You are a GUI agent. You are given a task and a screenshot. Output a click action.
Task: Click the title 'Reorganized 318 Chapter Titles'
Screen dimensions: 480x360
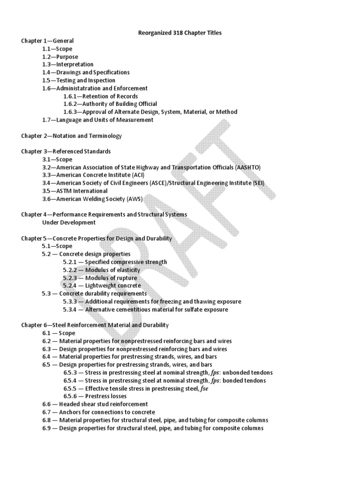180,33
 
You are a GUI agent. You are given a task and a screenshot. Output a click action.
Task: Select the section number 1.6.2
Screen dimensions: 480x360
70,104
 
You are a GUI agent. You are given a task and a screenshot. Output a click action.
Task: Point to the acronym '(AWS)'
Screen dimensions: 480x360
135,199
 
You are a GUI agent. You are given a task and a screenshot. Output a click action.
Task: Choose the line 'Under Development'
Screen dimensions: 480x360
69,223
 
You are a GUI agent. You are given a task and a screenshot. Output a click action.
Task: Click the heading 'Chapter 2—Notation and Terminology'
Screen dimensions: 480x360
71,136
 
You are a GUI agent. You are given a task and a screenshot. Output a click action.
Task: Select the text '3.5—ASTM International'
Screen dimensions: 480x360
75,191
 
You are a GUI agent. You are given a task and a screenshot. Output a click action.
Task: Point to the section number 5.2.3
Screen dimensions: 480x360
70,278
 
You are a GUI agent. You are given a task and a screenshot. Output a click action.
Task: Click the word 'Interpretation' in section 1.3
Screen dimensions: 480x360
75,64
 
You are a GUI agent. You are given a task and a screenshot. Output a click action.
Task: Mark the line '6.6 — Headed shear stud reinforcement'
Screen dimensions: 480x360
95,404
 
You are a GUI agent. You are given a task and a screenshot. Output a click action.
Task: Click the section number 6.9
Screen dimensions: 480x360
47,428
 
